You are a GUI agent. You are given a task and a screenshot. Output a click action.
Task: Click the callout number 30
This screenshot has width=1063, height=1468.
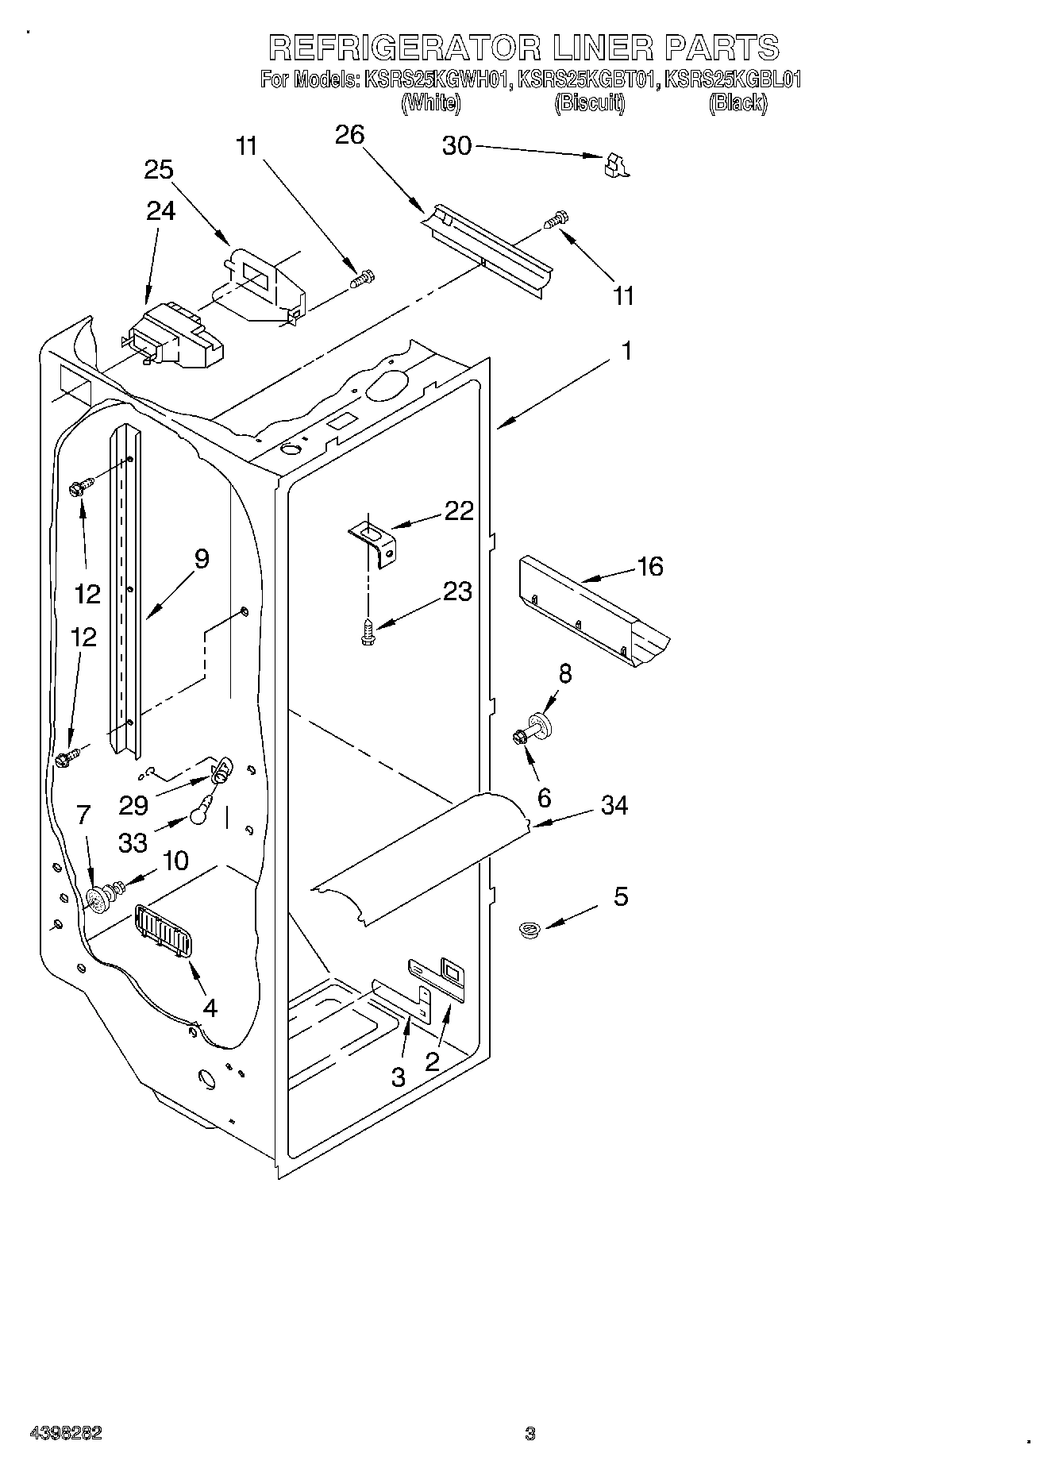pyautogui.click(x=456, y=146)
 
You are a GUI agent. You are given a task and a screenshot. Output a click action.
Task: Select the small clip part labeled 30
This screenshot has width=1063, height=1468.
pyautogui.click(x=614, y=164)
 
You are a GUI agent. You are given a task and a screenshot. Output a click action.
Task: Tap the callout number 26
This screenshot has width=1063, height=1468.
pyautogui.click(x=349, y=135)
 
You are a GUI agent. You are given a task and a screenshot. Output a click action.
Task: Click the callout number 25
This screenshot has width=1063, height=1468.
pyautogui.click(x=159, y=170)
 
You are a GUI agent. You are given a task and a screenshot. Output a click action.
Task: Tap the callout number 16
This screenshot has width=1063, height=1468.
pyautogui.click(x=649, y=566)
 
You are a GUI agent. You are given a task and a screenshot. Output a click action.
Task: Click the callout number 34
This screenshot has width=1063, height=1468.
pyautogui.click(x=614, y=805)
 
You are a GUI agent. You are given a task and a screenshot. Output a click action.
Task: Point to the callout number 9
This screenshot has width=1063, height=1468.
pyautogui.click(x=201, y=559)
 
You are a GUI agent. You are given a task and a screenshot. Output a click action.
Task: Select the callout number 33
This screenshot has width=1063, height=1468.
pyautogui.click(x=133, y=842)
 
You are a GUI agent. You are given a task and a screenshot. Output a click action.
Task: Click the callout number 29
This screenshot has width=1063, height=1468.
pyautogui.click(x=133, y=805)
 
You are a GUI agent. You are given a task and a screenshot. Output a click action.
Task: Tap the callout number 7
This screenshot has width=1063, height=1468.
pyautogui.click(x=84, y=814)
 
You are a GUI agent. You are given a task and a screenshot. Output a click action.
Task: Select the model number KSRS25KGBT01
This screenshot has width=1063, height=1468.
pyautogui.click(x=587, y=79)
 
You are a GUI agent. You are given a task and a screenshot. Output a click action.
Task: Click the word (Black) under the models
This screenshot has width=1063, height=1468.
pyautogui.click(x=738, y=102)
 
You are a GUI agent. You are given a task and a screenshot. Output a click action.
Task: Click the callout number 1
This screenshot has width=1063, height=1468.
pyautogui.click(x=626, y=350)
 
